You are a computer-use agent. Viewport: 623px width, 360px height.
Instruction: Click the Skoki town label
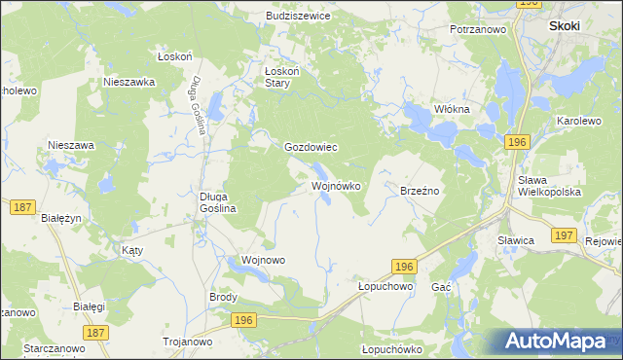pyautogui.click(x=566, y=26)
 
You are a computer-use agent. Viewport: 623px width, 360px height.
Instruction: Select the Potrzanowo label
pyautogui.click(x=480, y=30)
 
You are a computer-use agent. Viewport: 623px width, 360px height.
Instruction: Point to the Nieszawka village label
pyautogui.click(x=129, y=83)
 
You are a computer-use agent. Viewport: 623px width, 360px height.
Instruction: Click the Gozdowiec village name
pyautogui.click(x=310, y=148)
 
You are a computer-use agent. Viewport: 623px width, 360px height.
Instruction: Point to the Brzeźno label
pyautogui.click(x=421, y=191)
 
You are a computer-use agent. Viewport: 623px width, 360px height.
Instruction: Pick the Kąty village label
pyautogui.click(x=132, y=250)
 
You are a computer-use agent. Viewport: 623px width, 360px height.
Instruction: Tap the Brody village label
pyautogui.click(x=224, y=297)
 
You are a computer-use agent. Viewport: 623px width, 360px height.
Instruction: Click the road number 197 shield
pyautogui.click(x=562, y=235)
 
